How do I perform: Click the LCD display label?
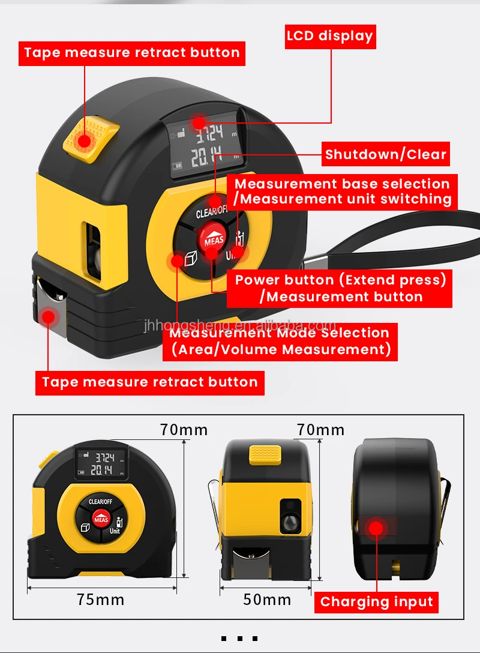click(x=330, y=36)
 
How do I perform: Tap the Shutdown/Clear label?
click(x=386, y=154)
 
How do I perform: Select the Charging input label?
click(x=376, y=601)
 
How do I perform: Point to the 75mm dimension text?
click(x=101, y=599)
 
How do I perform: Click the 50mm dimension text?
click(x=267, y=599)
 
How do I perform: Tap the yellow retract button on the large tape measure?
click(x=89, y=138)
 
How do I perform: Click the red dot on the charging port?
click(x=376, y=529)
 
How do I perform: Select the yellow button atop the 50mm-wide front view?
click(x=267, y=454)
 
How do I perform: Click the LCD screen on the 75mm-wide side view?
click(x=100, y=465)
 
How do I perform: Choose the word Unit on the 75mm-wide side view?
click(x=115, y=531)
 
